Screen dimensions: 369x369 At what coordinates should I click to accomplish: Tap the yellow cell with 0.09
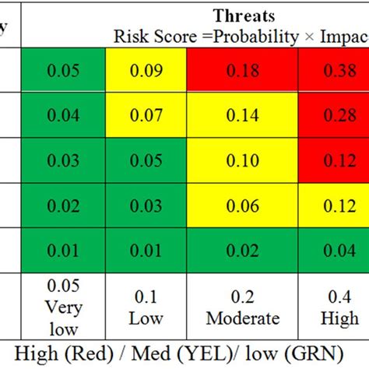(146, 69)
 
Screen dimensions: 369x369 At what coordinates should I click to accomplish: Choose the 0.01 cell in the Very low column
(63, 250)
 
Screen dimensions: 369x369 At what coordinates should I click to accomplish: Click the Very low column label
(63, 308)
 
